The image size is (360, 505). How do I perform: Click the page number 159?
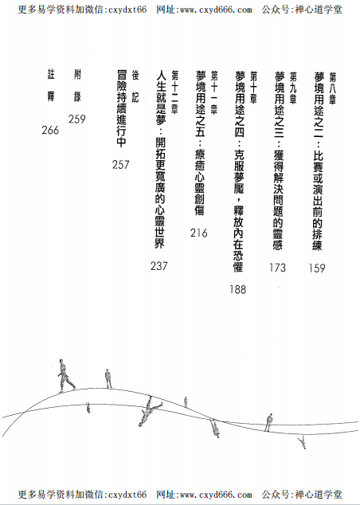tap(317, 268)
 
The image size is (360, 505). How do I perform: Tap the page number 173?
tap(278, 268)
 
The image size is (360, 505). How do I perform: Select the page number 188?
tap(238, 289)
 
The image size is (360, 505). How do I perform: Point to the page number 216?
tap(198, 233)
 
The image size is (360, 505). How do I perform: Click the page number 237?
tap(159, 266)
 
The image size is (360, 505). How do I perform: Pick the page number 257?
tap(121, 165)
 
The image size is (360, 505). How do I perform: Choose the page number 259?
tap(77, 119)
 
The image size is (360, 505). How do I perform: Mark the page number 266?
tap(50, 130)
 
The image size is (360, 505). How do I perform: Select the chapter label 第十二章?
tap(175, 92)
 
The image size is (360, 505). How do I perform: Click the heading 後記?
tap(135, 86)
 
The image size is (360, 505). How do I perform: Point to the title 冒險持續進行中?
tap(122, 109)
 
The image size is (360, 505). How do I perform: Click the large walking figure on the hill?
tap(66, 376)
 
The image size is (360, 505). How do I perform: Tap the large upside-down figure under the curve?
tap(149, 412)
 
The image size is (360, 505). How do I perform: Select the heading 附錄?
tap(77, 86)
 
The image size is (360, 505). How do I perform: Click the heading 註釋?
tap(51, 86)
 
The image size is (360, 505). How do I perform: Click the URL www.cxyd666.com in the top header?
tap(204, 10)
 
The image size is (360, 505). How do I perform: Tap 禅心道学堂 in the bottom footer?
tap(319, 494)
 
